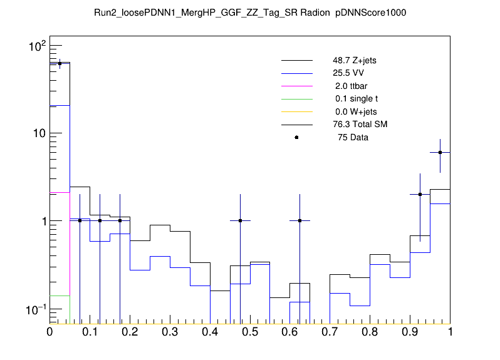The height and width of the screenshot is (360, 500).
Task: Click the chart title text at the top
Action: click(249, 13)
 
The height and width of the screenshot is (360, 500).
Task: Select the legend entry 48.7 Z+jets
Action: click(354, 61)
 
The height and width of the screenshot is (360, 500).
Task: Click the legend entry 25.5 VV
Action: click(348, 73)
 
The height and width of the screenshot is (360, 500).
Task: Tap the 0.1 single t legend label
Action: click(356, 99)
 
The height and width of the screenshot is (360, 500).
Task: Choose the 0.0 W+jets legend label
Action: click(356, 111)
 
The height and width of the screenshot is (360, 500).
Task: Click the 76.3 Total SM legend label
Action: click(360, 124)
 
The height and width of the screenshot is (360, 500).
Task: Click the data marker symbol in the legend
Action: click(296, 137)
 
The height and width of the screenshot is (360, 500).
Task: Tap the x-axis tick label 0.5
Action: click(250, 332)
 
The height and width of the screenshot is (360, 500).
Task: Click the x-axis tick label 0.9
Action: click(410, 332)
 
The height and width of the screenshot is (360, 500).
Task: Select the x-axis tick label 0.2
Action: click(130, 332)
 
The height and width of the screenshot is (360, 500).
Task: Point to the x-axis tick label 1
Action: click(450, 332)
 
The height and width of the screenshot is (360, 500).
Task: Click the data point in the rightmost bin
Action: click(440, 152)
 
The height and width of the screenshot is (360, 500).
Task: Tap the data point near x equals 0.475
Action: click(240, 220)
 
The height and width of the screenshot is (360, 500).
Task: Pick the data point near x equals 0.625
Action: click(300, 220)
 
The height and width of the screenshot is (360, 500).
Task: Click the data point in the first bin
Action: click(60, 63)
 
